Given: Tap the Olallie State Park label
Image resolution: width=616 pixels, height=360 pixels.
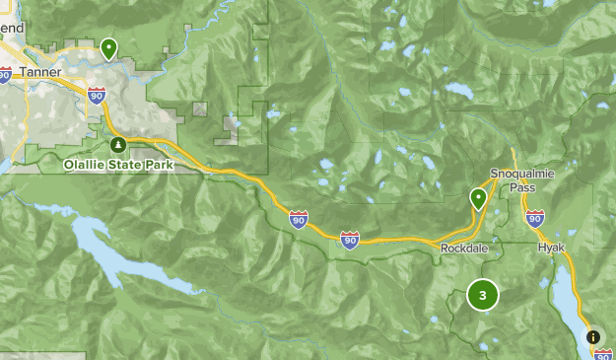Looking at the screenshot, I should click(118, 165).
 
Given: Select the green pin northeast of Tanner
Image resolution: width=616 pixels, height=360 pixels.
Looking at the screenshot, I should click(108, 46).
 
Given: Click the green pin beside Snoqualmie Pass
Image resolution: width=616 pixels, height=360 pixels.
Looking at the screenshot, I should click(478, 198).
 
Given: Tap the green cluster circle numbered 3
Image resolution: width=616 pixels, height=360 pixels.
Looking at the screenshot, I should click(483, 295).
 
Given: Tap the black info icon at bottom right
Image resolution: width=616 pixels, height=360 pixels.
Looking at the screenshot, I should click(593, 336).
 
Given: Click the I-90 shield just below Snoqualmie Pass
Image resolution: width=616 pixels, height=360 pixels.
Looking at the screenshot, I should click(534, 218).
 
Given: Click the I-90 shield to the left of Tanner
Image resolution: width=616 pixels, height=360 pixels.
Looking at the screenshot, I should click(5, 74).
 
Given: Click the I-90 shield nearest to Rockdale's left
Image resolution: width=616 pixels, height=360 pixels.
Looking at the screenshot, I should click(350, 240).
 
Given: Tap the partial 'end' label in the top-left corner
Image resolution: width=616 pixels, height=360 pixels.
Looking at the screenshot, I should click(11, 29).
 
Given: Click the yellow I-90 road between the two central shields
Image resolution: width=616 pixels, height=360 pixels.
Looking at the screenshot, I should click(323, 230).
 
